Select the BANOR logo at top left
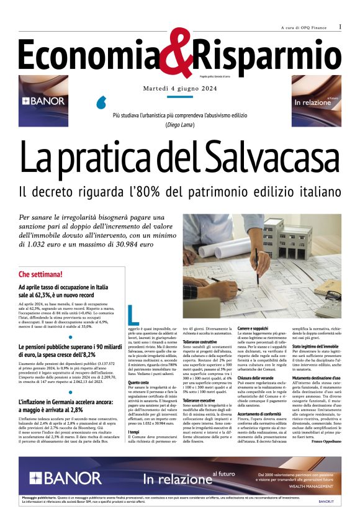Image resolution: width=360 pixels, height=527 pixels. [43, 101]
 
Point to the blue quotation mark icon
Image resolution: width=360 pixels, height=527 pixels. [103, 102]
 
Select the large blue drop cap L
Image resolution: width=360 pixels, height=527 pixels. [132, 314]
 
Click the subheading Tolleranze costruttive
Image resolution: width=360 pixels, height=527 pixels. [202, 342]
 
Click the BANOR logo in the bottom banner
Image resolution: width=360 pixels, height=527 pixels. [56, 479]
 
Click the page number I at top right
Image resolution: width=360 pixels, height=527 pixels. [340, 27]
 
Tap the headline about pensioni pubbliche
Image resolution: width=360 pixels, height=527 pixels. [71, 333]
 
